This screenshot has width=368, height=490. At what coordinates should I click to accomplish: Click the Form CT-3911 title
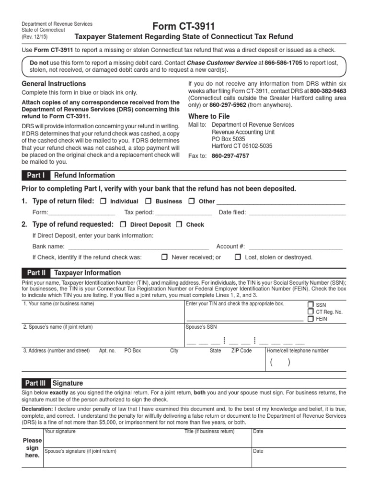pos(184,26)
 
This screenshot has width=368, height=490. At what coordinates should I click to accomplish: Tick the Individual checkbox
pos(103,201)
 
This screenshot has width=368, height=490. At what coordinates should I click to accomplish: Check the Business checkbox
pos(149,201)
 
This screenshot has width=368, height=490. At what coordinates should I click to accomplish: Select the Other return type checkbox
pos(192,201)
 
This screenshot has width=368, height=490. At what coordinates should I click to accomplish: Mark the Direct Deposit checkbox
pos(123,224)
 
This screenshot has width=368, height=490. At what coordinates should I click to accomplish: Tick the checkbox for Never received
pos(164,257)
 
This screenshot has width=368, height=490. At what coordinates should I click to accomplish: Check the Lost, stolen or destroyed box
pos(238,257)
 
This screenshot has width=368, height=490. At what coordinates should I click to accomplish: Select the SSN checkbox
pos(310,304)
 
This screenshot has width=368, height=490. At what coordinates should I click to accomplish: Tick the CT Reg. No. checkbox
pos(310,312)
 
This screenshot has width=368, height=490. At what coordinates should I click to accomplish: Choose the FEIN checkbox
pos(310,319)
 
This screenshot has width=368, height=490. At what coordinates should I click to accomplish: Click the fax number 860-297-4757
pos(230,156)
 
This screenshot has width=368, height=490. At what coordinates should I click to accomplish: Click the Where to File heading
pos(209,116)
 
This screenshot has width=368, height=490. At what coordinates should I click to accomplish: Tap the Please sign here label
pos(33,447)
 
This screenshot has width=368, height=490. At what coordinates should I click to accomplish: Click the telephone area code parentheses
pos(280,362)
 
